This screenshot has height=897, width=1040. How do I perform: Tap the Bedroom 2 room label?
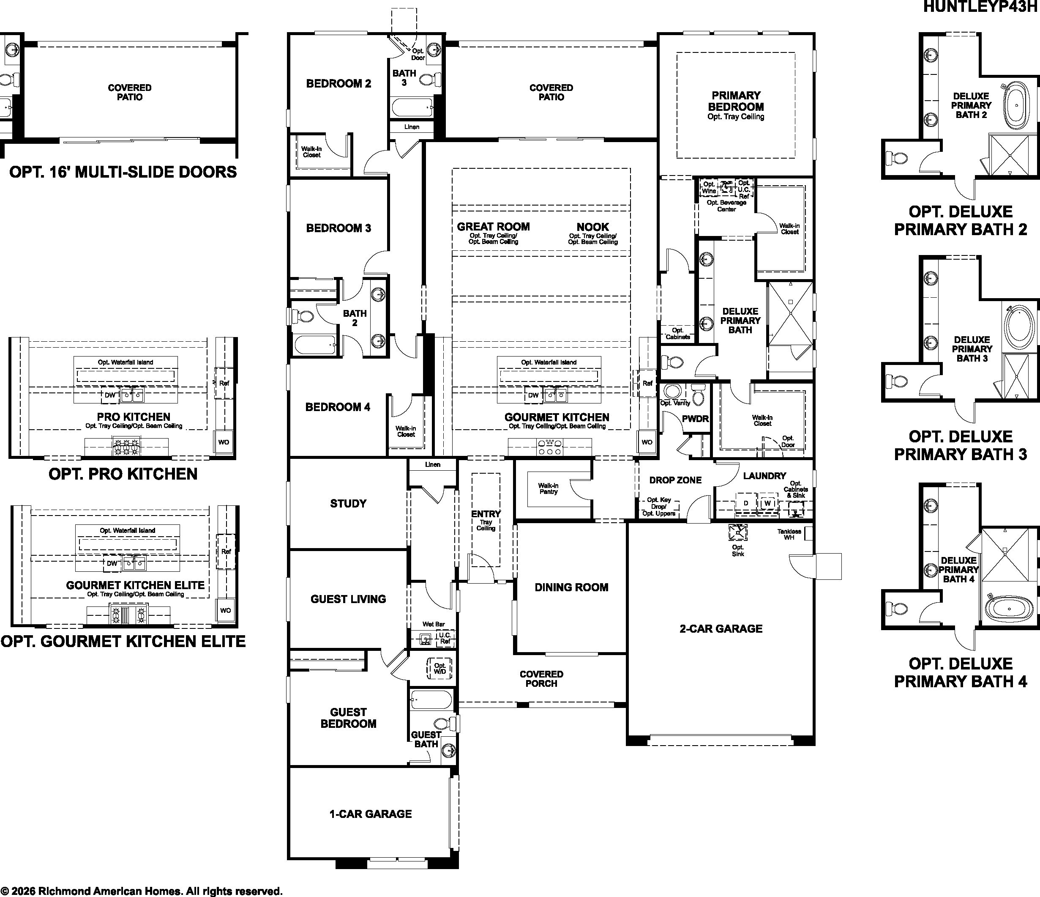pyautogui.click(x=339, y=83)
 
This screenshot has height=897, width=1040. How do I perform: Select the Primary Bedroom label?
pyautogui.click(x=736, y=101)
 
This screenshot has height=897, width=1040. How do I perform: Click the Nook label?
pyautogui.click(x=593, y=227)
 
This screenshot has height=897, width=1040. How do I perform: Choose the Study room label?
pyautogui.click(x=348, y=503)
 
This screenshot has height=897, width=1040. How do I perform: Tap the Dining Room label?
pyautogui.click(x=571, y=587)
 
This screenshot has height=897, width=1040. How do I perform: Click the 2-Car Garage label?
pyautogui.click(x=721, y=628)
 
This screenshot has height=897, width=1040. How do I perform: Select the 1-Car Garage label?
pyautogui.click(x=371, y=814)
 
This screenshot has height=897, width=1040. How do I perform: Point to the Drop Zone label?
pyautogui.click(x=675, y=480)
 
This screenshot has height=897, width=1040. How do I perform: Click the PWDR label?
pyautogui.click(x=695, y=418)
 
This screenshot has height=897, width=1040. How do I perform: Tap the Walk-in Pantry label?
pyautogui.click(x=548, y=489)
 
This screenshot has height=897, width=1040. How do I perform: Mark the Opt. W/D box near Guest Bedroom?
pyautogui.click(x=439, y=669)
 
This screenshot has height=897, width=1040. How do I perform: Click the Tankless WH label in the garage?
pyautogui.click(x=789, y=535)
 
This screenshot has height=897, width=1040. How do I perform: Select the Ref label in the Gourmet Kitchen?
pyautogui.click(x=647, y=383)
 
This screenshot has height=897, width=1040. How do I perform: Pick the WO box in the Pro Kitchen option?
pyautogui.click(x=224, y=442)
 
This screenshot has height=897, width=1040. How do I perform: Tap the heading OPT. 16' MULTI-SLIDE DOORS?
pyautogui.click(x=123, y=172)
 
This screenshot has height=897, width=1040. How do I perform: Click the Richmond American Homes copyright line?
pyautogui.click(x=142, y=892)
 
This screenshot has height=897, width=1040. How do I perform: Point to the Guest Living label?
pyautogui.click(x=348, y=599)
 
